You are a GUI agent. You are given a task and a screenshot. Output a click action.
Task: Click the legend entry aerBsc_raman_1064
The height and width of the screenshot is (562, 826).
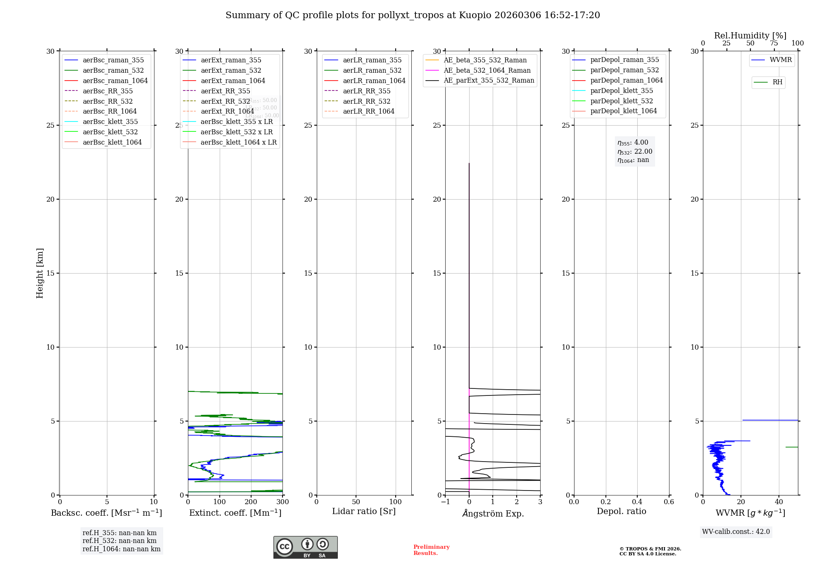(x=115, y=81)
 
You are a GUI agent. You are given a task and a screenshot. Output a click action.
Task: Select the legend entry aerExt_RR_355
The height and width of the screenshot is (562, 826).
(x=225, y=91)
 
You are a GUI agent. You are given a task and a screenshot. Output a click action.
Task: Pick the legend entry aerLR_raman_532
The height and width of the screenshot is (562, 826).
(x=372, y=70)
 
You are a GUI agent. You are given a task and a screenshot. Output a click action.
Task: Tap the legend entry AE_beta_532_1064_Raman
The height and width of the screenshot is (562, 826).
(x=487, y=70)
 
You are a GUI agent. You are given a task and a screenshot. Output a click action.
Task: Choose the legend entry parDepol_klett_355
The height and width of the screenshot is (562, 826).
(x=622, y=90)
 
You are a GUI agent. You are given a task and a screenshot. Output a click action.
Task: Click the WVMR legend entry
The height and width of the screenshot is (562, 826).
(x=781, y=60)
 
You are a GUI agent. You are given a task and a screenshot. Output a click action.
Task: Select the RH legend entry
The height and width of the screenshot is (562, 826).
(x=777, y=82)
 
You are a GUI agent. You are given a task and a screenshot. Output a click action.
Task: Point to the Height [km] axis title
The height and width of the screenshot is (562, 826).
(x=40, y=273)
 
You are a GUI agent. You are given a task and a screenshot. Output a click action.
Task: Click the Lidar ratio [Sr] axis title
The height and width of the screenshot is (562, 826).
(x=364, y=511)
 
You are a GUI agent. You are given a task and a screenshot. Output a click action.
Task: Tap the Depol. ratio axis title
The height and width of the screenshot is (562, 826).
(x=622, y=511)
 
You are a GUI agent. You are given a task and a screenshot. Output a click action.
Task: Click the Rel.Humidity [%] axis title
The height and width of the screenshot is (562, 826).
(x=750, y=36)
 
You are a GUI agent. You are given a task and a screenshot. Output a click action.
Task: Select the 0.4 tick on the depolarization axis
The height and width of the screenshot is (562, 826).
(x=637, y=502)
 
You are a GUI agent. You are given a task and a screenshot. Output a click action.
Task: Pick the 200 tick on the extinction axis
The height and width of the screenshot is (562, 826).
(x=251, y=502)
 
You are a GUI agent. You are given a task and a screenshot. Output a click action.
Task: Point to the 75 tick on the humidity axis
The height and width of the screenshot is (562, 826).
(x=774, y=43)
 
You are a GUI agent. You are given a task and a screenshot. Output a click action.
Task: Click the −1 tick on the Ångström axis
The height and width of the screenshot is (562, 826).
(x=445, y=502)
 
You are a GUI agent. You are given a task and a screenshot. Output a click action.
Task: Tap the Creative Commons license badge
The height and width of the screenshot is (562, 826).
(x=305, y=547)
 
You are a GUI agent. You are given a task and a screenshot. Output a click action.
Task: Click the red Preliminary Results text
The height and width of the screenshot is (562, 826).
(x=431, y=550)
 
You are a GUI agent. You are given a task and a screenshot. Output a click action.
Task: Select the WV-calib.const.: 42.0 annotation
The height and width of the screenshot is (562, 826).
(x=736, y=531)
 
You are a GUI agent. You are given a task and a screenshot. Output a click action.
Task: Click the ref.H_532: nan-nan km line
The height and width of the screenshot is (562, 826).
(x=119, y=541)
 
